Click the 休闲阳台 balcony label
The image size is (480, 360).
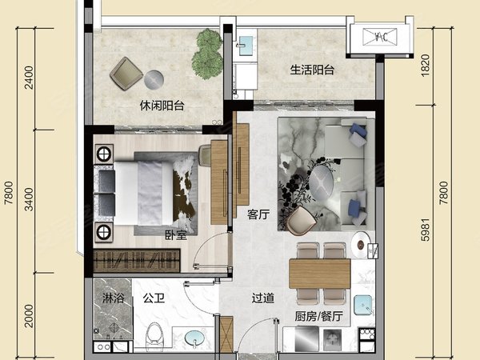[162, 106]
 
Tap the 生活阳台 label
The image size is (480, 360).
[312, 70]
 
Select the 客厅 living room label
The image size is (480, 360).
[258, 214]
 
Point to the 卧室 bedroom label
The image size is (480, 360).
[176, 235]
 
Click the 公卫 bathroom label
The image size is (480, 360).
[154, 298]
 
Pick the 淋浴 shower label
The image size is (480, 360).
[113, 298]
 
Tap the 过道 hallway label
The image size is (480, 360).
[263, 298]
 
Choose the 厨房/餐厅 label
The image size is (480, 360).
[318, 316]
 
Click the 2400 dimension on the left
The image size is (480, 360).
[29, 78]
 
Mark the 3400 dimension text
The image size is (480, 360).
[29, 199]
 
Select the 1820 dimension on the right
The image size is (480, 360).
[426, 66]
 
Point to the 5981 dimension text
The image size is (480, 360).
[426, 230]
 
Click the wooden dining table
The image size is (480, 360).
[319, 274]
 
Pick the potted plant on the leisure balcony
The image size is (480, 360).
[207, 54]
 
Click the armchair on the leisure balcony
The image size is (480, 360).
[126, 74]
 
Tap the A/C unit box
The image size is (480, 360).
[379, 37]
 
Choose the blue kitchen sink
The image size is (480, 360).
[363, 306]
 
